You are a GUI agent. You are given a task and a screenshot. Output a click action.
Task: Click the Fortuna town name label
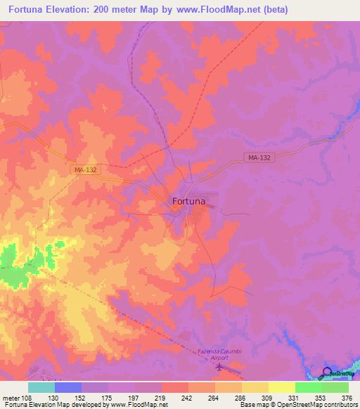tap(188, 201)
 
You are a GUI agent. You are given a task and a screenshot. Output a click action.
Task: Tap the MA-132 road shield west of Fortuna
tap(85, 170)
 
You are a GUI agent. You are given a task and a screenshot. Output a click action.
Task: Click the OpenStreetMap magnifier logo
tap(328, 372)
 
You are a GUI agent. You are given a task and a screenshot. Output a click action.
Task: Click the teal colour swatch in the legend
tap(41, 387)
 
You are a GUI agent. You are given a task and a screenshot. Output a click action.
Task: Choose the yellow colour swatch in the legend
tap(281, 387)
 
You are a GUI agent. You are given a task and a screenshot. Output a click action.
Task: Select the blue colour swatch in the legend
tap(68, 387)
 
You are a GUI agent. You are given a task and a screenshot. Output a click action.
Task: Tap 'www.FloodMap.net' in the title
tap(219, 10)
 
